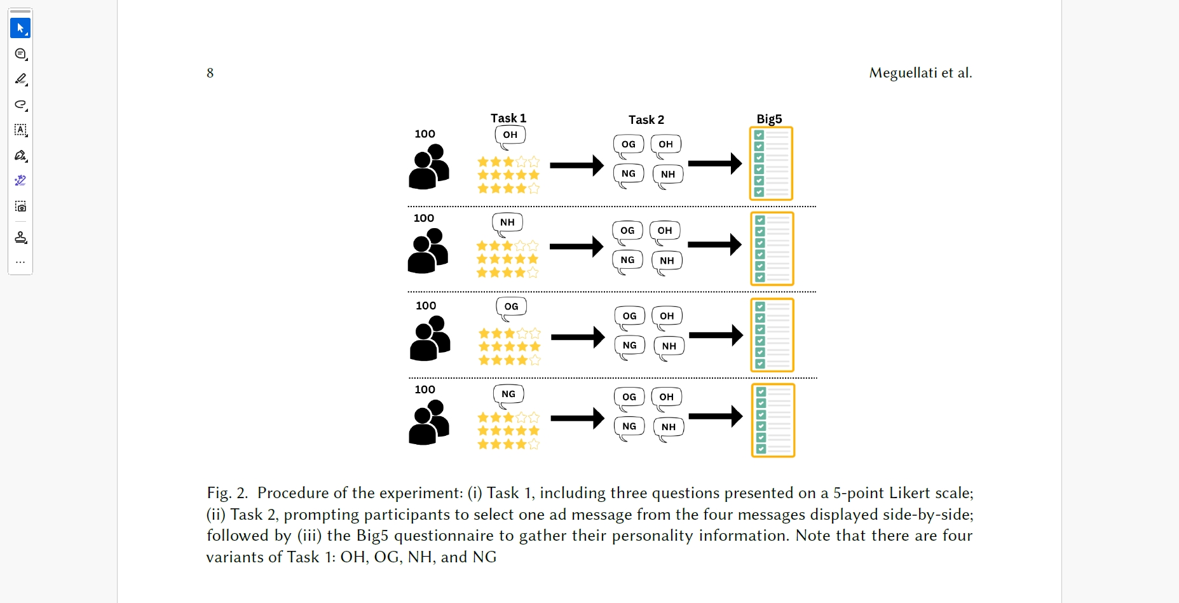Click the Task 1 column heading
pyautogui.click(x=508, y=118)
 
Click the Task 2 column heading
pyautogui.click(x=646, y=120)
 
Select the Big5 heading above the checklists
pyautogui.click(x=769, y=119)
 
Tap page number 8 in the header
pyautogui.click(x=210, y=73)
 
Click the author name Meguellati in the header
pyautogui.click(x=903, y=73)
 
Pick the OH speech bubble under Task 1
pyautogui.click(x=510, y=135)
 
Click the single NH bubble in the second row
pyautogui.click(x=507, y=222)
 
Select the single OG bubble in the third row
pyautogui.click(x=511, y=307)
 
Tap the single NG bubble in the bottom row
pyautogui.click(x=508, y=394)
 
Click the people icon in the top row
pyautogui.click(x=429, y=166)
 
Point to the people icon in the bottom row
pyautogui.click(x=429, y=422)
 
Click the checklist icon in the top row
pyautogui.click(x=771, y=164)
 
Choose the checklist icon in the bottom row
pyautogui.click(x=773, y=420)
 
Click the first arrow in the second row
pyautogui.click(x=576, y=247)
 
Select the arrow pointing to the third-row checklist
pyautogui.click(x=716, y=335)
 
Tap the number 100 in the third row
pyautogui.click(x=426, y=306)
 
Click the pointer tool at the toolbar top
pyautogui.click(x=20, y=28)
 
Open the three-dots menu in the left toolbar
pyautogui.click(x=20, y=262)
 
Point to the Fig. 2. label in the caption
pyautogui.click(x=227, y=493)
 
